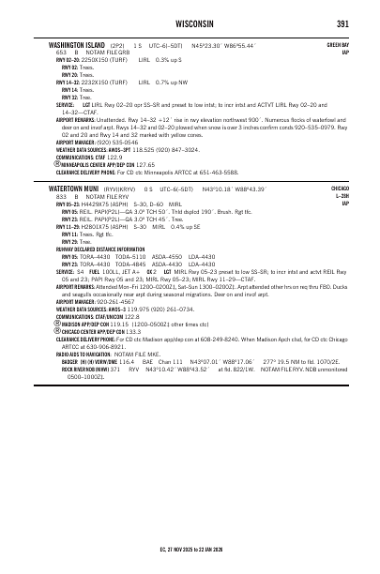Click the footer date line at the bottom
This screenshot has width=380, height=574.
190,549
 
